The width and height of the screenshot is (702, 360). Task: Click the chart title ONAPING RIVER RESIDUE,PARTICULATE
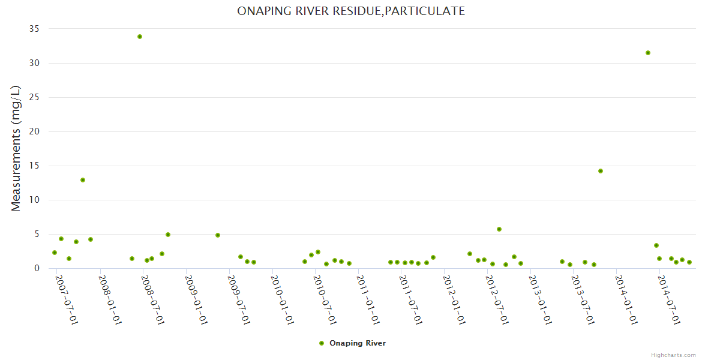351,11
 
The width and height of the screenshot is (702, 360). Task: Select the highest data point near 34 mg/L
140,37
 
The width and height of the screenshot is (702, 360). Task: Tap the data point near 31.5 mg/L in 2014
648,53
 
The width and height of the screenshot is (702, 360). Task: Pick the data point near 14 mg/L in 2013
601,171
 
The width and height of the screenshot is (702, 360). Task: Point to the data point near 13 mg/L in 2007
83,180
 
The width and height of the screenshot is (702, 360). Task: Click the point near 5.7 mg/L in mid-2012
499,229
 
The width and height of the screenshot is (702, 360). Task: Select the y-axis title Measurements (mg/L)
16,148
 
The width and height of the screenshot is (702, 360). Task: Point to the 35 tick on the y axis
34,29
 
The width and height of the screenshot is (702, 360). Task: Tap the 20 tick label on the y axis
34,131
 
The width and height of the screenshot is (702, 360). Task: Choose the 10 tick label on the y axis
34,200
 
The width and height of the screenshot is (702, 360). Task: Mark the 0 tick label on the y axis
37,268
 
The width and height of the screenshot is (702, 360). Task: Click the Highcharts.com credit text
673,355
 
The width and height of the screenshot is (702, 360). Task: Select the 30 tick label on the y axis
34,63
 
